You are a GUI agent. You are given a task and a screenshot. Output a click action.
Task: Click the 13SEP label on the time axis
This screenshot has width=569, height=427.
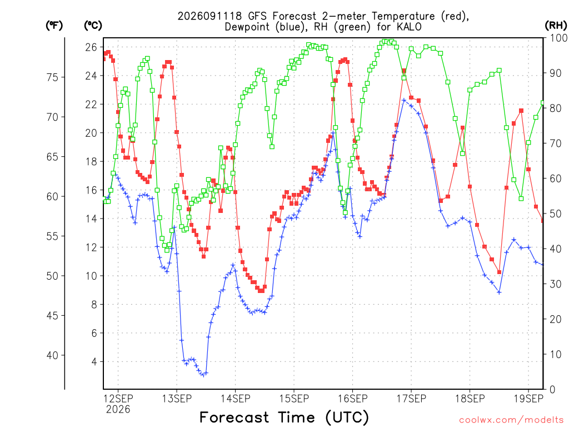click(x=177, y=399)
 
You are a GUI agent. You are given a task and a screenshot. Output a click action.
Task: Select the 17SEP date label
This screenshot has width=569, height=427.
click(x=411, y=399)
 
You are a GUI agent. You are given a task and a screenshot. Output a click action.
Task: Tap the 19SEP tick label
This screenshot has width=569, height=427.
click(x=528, y=399)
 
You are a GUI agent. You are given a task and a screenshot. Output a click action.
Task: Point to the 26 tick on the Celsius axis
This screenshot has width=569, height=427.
click(x=91, y=47)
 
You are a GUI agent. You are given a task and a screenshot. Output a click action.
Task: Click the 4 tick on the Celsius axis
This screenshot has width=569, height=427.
click(x=94, y=361)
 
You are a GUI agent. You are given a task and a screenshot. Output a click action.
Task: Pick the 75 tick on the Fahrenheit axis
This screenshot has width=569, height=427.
click(x=52, y=77)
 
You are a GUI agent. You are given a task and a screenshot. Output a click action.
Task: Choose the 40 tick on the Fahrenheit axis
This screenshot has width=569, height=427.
click(x=52, y=355)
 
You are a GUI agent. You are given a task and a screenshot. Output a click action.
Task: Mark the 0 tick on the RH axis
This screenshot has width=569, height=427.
click(x=552, y=390)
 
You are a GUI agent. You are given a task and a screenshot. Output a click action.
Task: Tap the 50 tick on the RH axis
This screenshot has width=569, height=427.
click(x=555, y=213)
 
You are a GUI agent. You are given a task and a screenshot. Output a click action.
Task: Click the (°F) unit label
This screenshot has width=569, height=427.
click(x=54, y=26)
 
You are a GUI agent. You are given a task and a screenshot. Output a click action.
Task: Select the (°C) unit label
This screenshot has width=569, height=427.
click(x=93, y=26)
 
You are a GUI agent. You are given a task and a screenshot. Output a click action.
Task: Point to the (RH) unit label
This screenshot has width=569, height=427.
click(x=556, y=26)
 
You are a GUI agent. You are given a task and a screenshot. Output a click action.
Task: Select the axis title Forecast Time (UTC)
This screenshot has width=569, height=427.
click(x=284, y=417)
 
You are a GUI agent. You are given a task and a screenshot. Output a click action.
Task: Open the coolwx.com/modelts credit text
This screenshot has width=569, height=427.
click(x=511, y=420)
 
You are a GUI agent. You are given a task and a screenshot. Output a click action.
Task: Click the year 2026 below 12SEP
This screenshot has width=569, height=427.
click(x=118, y=410)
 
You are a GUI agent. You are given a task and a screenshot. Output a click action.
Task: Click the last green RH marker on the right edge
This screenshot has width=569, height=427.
click(x=543, y=103)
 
